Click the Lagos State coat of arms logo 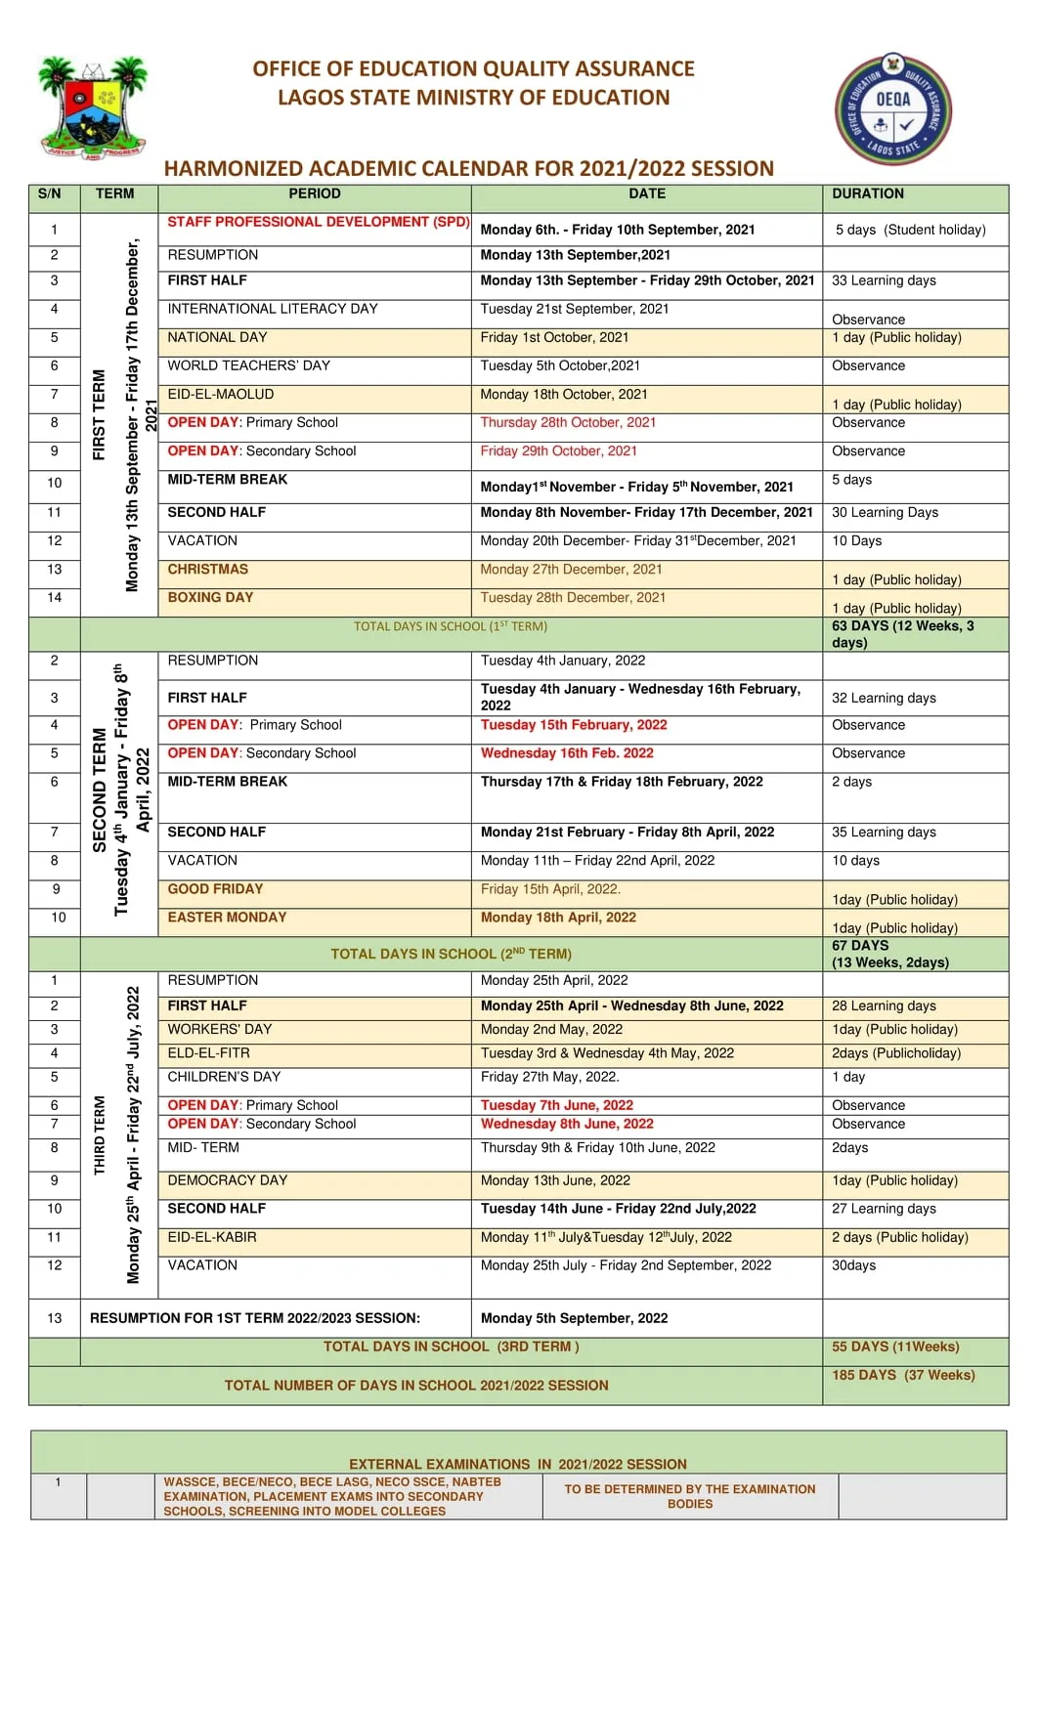coord(92,107)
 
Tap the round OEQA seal coord(892,108)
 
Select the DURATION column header coord(867,193)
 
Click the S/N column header coord(50,193)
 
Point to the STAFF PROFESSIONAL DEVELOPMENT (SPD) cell coord(318,222)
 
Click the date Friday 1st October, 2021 coord(554,337)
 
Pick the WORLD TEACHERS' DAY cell coord(248,365)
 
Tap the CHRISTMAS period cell coord(207,569)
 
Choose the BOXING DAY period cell coord(210,597)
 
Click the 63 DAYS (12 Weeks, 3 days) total coord(902,634)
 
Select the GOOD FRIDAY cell coord(215,889)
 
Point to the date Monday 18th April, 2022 coord(557,918)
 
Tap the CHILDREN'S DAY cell coord(224,1077)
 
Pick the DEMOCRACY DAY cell coord(227,1180)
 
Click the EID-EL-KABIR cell coord(212,1237)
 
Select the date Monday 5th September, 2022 coord(574,1318)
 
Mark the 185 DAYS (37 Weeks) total coord(902,1375)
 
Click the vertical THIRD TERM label coord(99,1135)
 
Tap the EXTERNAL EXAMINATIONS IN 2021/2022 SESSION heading coord(517,1464)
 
